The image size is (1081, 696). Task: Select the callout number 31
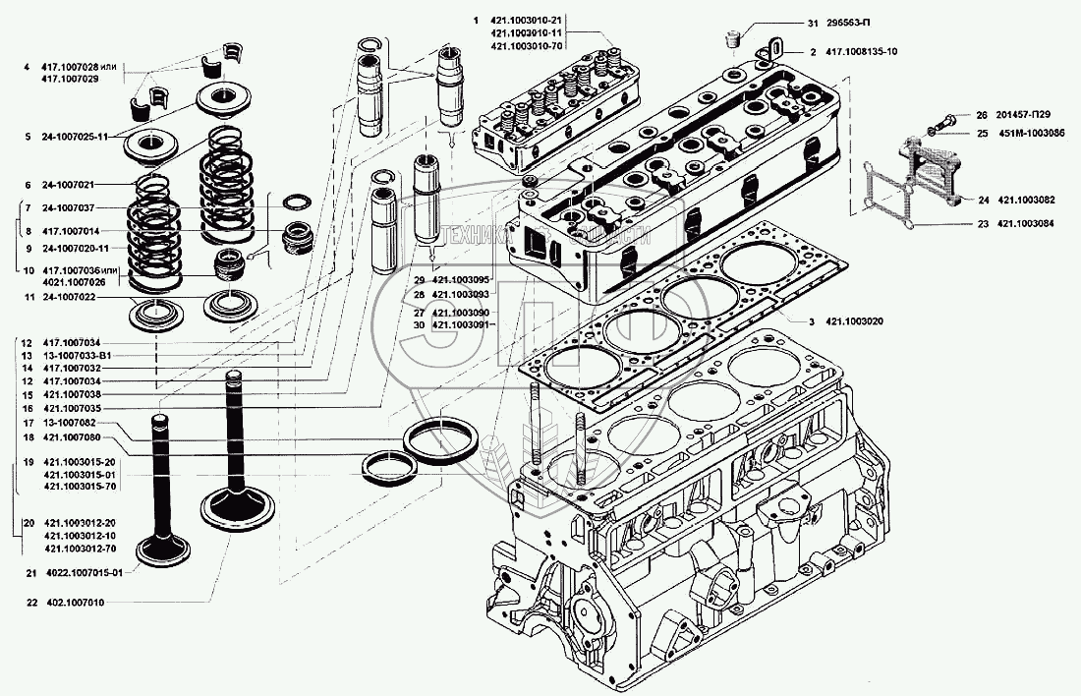(813, 24)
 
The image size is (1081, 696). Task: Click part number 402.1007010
(74, 602)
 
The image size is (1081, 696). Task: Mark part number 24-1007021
(68, 185)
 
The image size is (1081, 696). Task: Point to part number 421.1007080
(71, 436)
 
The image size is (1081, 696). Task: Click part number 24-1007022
(68, 296)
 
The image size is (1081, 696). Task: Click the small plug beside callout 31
(731, 40)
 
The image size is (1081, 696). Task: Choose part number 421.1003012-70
(80, 548)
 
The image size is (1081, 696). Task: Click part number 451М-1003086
(1031, 133)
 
